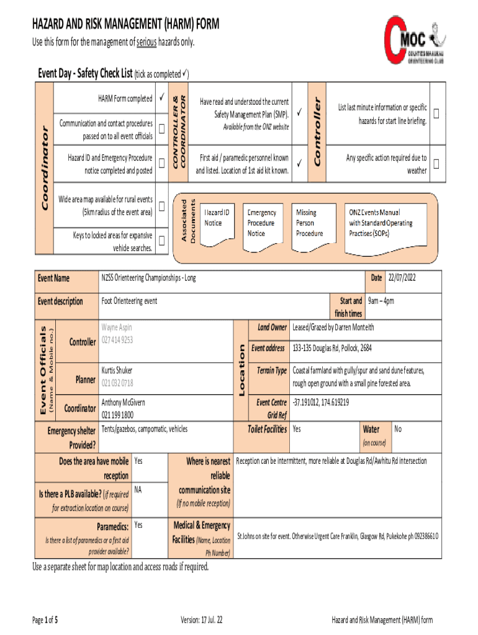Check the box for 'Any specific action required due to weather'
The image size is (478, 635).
pyautogui.click(x=437, y=164)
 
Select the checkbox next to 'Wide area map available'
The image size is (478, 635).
pyautogui.click(x=161, y=206)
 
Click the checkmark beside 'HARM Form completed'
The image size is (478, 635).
pyautogui.click(x=161, y=98)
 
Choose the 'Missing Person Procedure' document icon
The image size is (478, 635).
pyautogui.click(x=312, y=223)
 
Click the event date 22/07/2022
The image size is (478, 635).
pyautogui.click(x=402, y=278)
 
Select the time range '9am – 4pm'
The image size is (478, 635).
pyautogui.click(x=381, y=301)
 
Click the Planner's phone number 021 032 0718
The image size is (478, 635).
pyautogui.click(x=117, y=383)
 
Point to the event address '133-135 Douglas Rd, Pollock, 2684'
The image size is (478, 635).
pyautogui.click(x=332, y=349)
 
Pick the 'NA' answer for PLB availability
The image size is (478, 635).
pyautogui.click(x=138, y=490)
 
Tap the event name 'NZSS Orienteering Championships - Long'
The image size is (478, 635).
pyautogui.click(x=149, y=278)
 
